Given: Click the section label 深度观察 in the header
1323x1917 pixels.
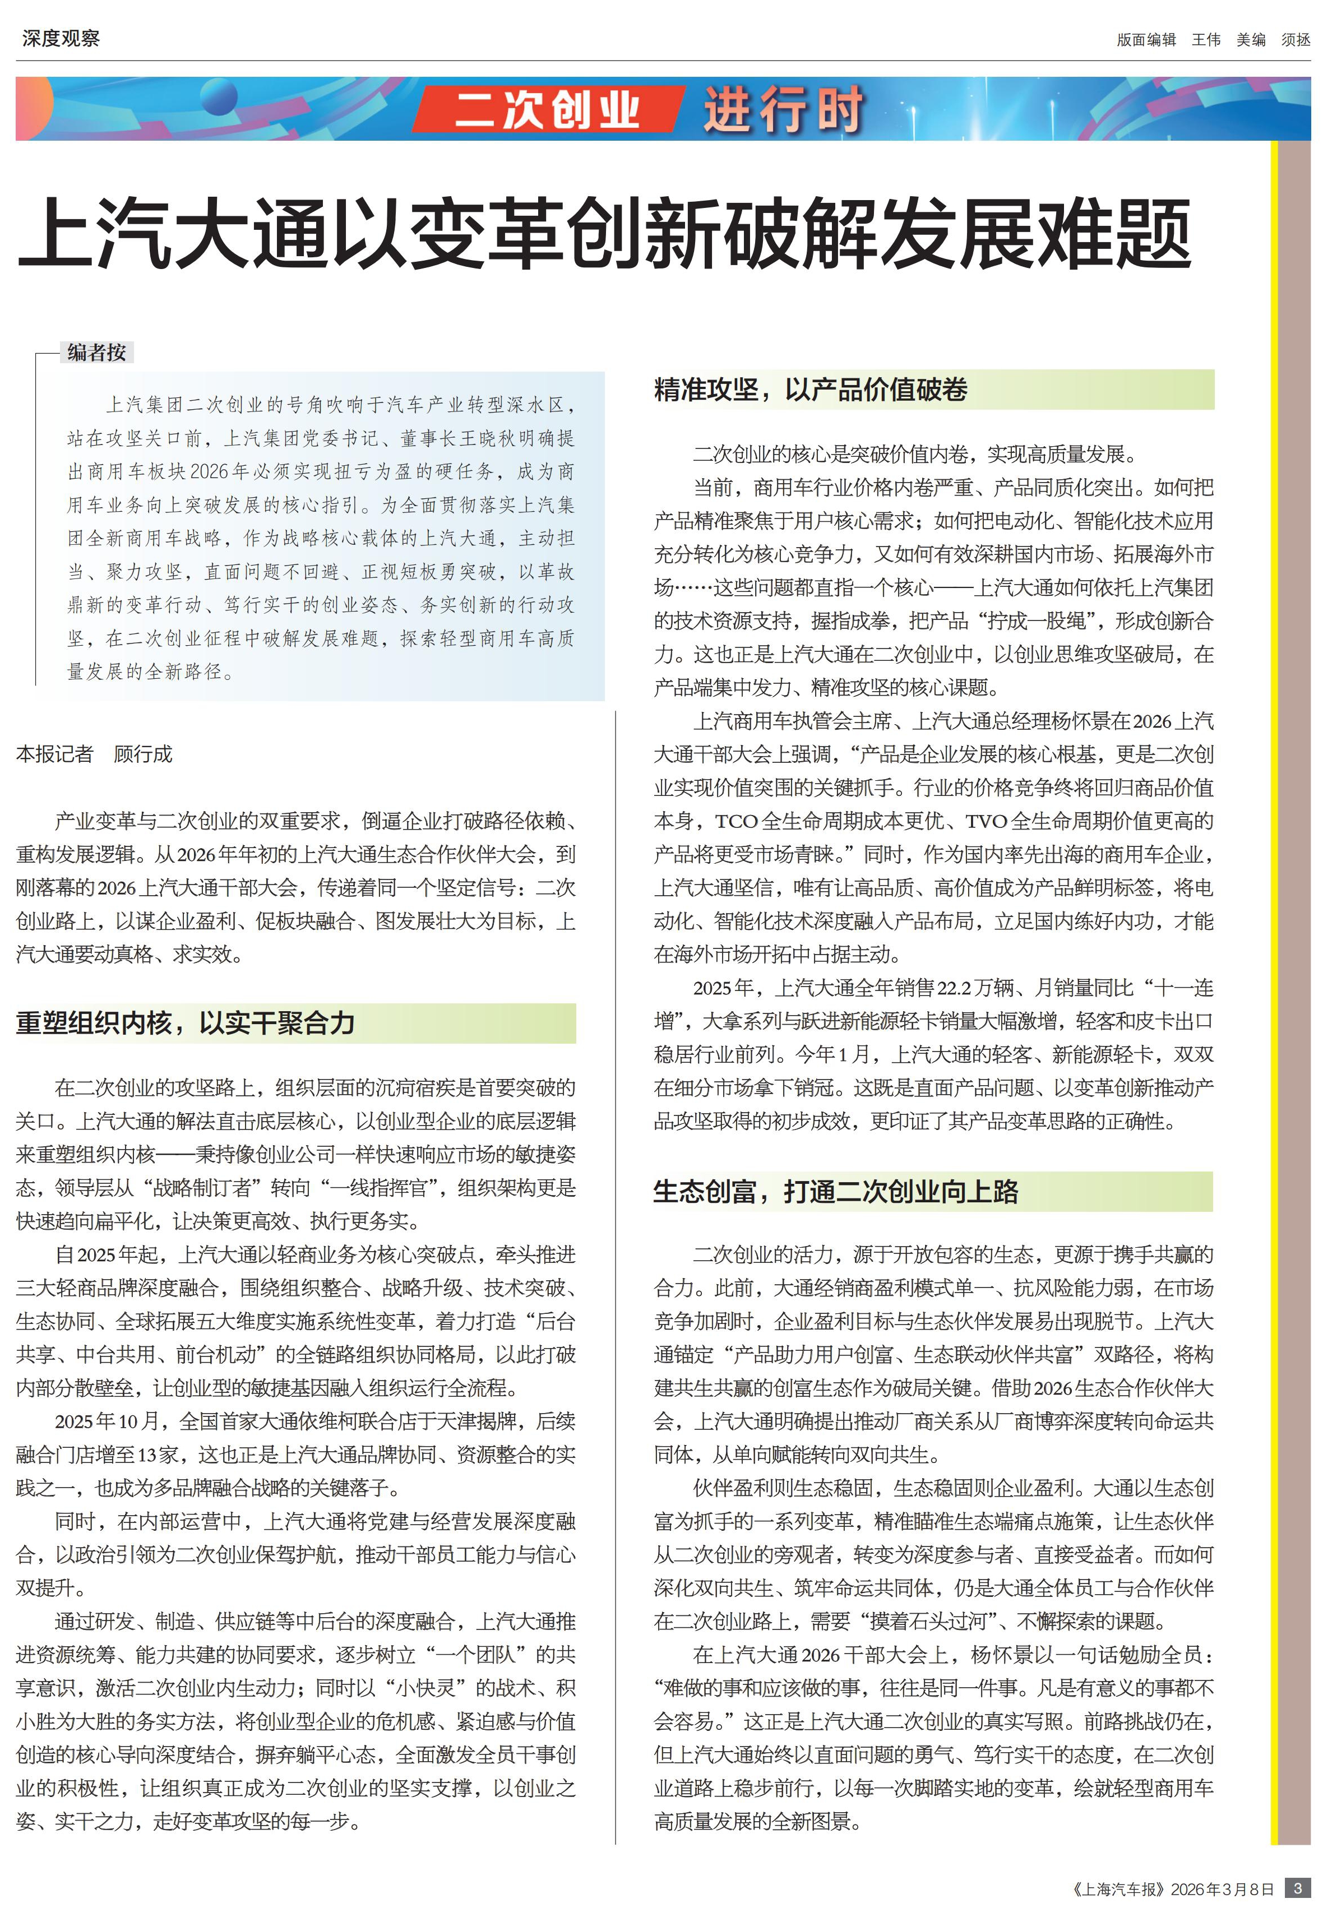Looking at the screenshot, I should [61, 38].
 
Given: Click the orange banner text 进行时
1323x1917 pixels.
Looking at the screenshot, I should [783, 109].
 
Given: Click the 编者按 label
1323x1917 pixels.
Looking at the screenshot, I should [97, 352].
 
